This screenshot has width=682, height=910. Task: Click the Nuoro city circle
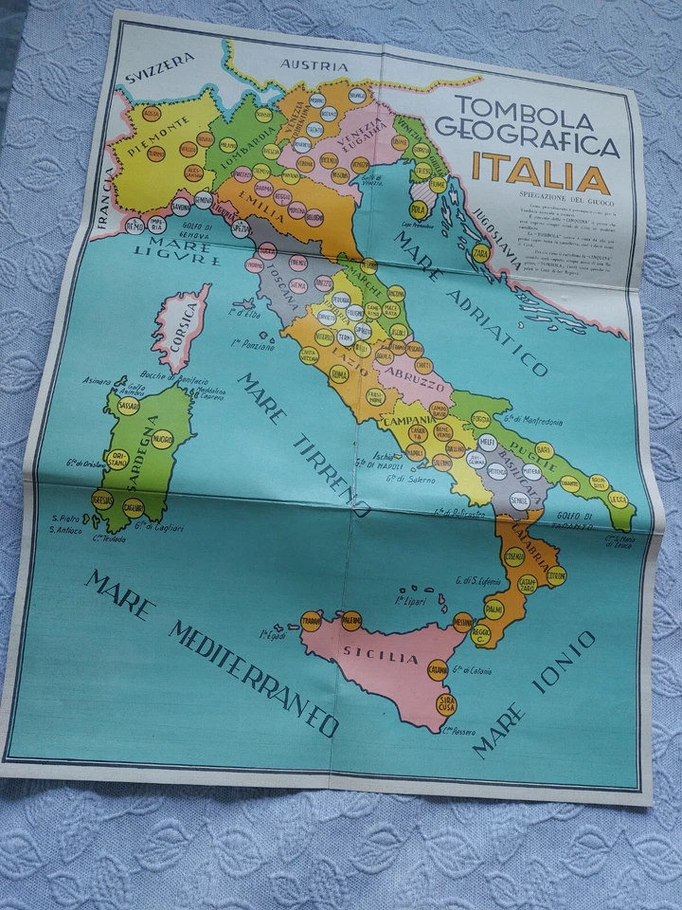tap(162, 438)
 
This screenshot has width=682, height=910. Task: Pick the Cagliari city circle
tap(133, 507)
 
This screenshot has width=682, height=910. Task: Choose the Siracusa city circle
tap(446, 704)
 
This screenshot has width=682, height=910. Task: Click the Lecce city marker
tap(619, 498)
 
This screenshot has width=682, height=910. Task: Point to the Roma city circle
tap(338, 374)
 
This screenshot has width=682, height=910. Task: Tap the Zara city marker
tap(481, 254)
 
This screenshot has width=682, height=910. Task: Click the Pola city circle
tap(418, 210)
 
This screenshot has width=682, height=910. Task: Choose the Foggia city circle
tap(481, 418)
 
